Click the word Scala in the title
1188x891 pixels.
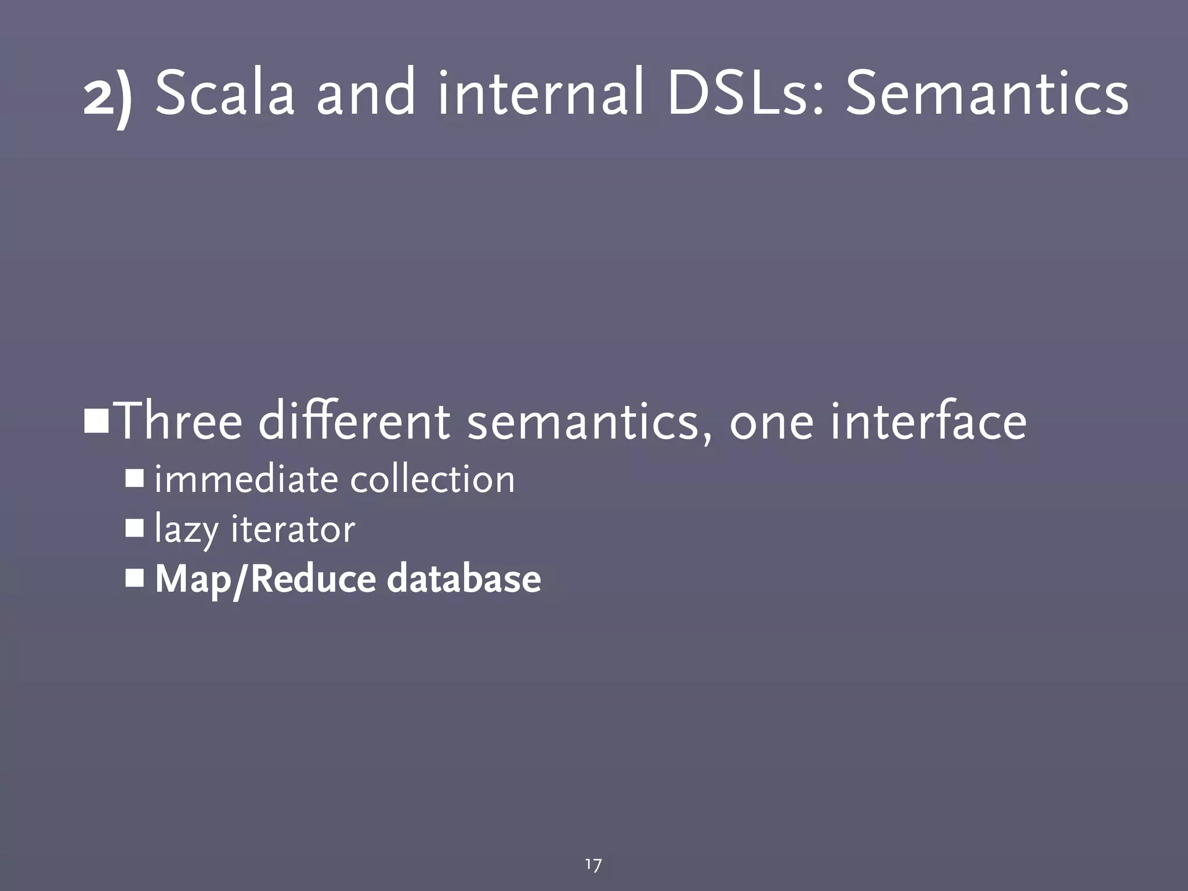click(x=225, y=93)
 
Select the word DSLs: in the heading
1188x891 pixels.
click(x=746, y=93)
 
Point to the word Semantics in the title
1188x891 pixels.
click(x=987, y=93)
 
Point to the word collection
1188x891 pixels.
click(x=432, y=480)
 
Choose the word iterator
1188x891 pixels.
click(x=292, y=529)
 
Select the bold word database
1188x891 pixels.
click(x=463, y=579)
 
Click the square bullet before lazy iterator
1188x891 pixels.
click(x=135, y=528)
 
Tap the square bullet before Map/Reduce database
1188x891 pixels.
click(x=135, y=578)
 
